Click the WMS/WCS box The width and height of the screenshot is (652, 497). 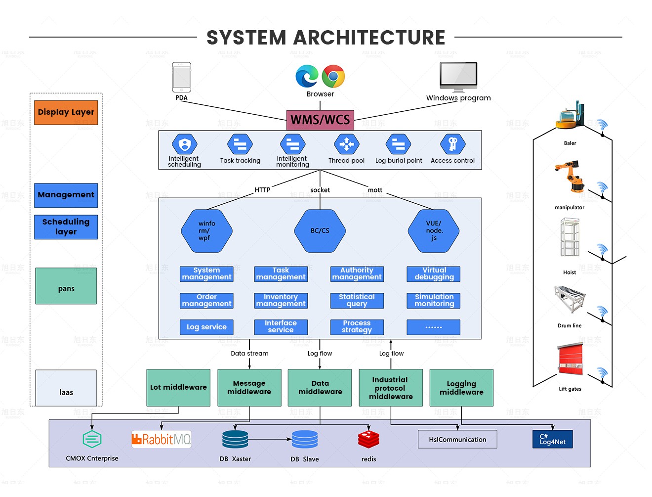coord(320,120)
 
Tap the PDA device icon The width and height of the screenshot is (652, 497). coord(181,77)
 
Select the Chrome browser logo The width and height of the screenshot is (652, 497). coord(333,77)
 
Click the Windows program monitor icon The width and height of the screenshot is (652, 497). coord(458,77)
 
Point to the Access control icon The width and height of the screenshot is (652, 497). coord(452,144)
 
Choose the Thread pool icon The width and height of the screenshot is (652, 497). coord(346,144)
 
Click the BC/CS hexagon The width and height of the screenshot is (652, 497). coord(320,231)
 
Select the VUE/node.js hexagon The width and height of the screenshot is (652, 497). coord(434,231)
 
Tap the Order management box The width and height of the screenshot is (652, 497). coord(206,301)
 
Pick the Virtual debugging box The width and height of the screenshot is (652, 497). coord(434,274)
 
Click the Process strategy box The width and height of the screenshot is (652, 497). coord(357,327)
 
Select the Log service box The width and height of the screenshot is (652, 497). coord(206,327)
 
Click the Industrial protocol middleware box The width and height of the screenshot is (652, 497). coord(390,388)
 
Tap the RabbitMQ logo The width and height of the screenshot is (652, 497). coord(162,439)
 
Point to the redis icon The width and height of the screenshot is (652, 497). coord(368,439)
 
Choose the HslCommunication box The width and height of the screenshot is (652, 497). coord(457,440)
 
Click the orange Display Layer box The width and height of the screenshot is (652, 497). coord(66,112)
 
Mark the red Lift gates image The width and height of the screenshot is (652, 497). coord(570,360)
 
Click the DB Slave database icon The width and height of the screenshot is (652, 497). coord(305,439)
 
